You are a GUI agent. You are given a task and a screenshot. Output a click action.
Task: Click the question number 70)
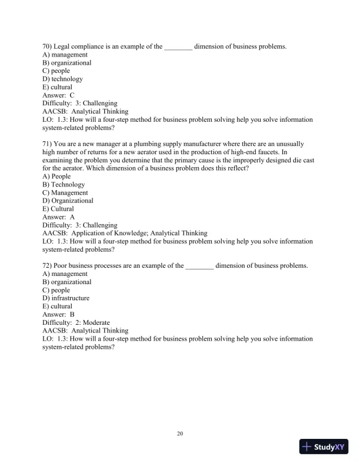tap(48, 46)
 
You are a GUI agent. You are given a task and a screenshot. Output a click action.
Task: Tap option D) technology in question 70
tap(62, 79)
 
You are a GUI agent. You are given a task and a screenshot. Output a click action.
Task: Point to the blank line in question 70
tap(178, 47)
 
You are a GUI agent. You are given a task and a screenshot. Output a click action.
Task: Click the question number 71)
tap(48, 144)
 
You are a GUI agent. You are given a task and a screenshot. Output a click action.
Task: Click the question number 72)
tap(48, 265)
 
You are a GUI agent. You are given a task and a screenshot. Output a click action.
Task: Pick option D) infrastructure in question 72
tap(66, 298)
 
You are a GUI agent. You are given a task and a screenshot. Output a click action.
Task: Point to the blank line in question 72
tap(199, 267)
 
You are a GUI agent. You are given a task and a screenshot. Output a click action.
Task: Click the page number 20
tap(180, 434)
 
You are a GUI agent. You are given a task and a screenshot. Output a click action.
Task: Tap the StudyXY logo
tap(324, 447)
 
